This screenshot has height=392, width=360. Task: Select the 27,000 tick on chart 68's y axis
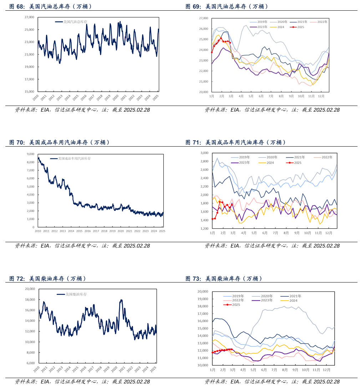pyautogui.click(x=29, y=17)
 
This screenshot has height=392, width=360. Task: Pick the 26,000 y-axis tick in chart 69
pyautogui.click(x=203, y=29)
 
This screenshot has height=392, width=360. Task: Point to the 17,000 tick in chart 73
pyautogui.click(x=203, y=314)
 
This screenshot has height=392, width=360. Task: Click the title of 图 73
pyautogui.click(x=224, y=279)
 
